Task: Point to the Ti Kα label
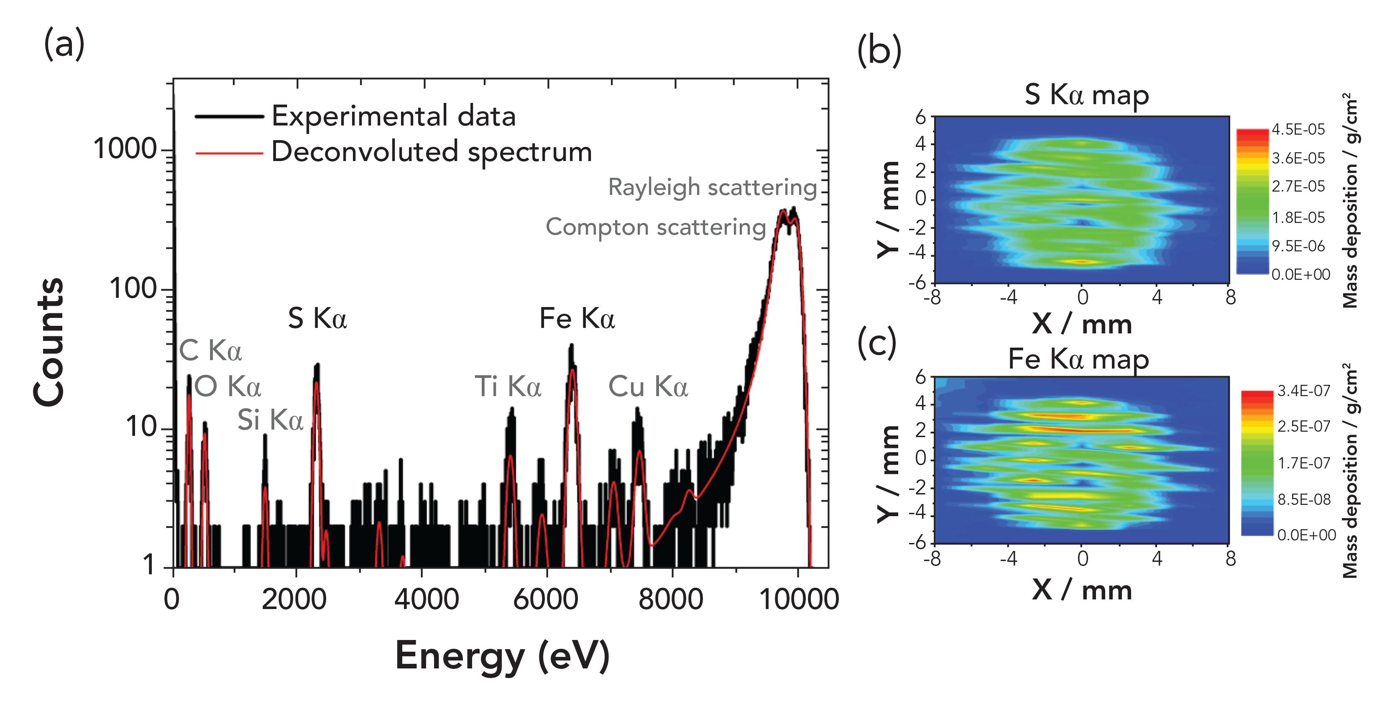point(508,387)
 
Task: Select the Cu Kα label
point(648,387)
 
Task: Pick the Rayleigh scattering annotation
point(712,188)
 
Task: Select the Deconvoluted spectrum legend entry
point(432,152)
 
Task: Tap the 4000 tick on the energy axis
point(426,599)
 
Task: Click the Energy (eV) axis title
point(503,656)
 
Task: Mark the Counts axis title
point(49,342)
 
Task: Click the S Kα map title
point(1086,95)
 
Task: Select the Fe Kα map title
point(1078,359)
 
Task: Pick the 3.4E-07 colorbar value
point(1304,391)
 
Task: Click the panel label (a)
point(64,44)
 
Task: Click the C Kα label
point(210,351)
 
